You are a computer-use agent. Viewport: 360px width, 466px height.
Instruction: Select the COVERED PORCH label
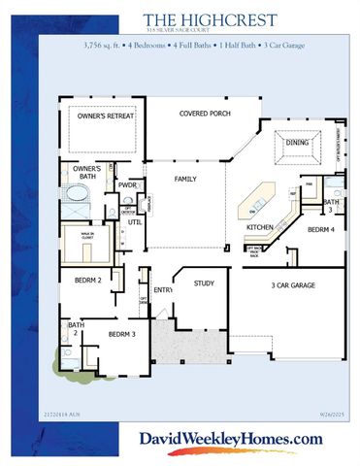click(205, 115)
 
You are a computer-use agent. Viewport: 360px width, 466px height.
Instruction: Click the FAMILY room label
click(185, 180)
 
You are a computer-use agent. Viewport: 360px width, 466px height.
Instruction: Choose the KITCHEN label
click(259, 227)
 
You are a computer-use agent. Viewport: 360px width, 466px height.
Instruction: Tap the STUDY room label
click(203, 283)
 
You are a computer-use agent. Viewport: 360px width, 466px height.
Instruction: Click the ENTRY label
click(162, 289)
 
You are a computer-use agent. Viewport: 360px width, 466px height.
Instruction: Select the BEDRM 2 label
click(88, 280)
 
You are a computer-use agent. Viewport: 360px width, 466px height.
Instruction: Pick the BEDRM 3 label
click(120, 335)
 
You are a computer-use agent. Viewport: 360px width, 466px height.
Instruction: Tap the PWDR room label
click(128, 183)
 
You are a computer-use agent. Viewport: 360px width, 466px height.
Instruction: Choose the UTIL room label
click(134, 222)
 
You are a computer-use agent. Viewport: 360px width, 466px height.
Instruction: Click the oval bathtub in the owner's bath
click(70, 207)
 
